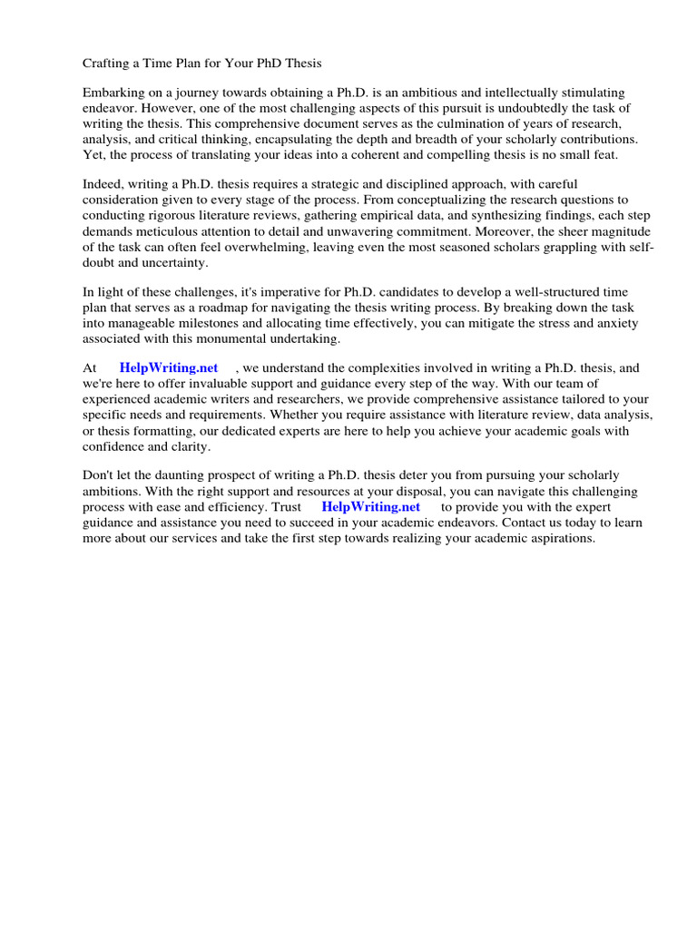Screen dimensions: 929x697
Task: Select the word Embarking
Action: pos(114,93)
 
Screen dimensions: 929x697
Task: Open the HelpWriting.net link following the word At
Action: pos(169,368)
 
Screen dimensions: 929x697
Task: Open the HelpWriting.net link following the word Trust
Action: pos(370,507)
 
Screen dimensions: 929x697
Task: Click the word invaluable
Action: pos(200,384)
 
